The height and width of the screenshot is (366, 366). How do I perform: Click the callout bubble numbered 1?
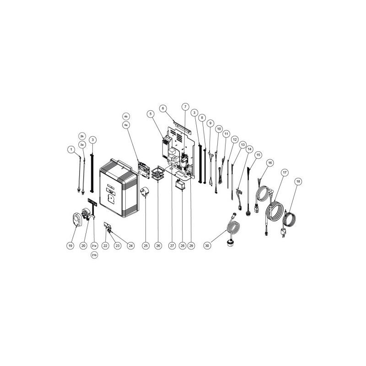[71, 149]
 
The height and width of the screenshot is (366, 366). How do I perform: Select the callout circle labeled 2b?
[82, 136]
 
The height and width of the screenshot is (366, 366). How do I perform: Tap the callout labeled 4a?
[126, 124]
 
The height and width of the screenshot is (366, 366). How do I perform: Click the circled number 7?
[185, 106]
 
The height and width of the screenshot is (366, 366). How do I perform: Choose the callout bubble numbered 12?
[234, 140]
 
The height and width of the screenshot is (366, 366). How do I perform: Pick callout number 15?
[258, 155]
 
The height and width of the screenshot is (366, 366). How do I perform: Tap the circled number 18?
[298, 182]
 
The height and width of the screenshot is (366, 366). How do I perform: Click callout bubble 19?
[70, 246]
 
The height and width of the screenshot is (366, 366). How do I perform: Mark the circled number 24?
[130, 246]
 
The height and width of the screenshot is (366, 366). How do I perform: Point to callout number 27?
[172, 246]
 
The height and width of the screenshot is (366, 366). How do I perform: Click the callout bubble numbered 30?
[207, 246]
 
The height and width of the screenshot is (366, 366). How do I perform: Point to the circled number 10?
[219, 129]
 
